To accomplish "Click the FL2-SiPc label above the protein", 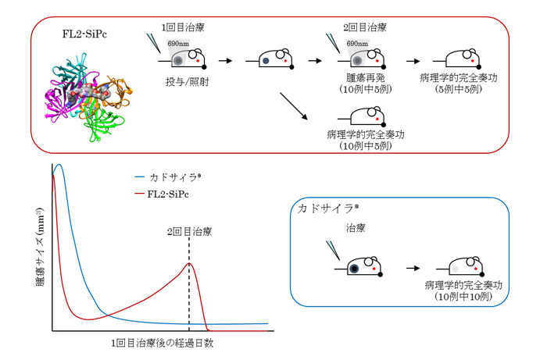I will tap(85, 36).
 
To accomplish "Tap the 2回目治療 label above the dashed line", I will tap(189, 232).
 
